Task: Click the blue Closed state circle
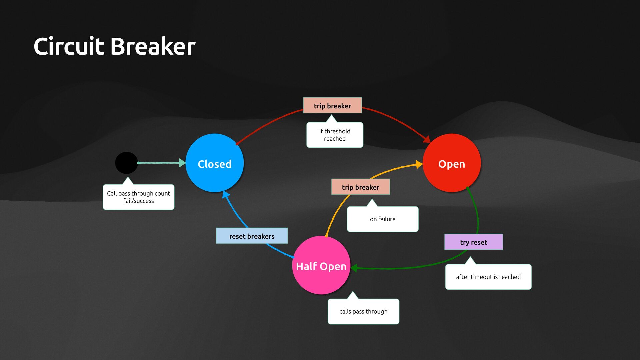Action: click(214, 163)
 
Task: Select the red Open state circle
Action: click(451, 163)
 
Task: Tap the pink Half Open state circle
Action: click(321, 265)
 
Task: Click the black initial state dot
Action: click(126, 163)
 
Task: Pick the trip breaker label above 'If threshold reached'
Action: click(332, 106)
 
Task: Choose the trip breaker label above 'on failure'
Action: click(360, 187)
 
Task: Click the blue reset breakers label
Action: click(252, 236)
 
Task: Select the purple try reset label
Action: click(473, 242)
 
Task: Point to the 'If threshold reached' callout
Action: click(335, 135)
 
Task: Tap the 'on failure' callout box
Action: click(382, 219)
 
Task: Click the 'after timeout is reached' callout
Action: click(488, 277)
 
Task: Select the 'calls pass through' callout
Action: click(363, 311)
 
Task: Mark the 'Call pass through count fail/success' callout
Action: click(138, 197)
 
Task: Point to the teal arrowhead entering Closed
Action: click(182, 163)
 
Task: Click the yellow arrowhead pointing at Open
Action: click(419, 164)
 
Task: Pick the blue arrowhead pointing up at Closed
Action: click(226, 195)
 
